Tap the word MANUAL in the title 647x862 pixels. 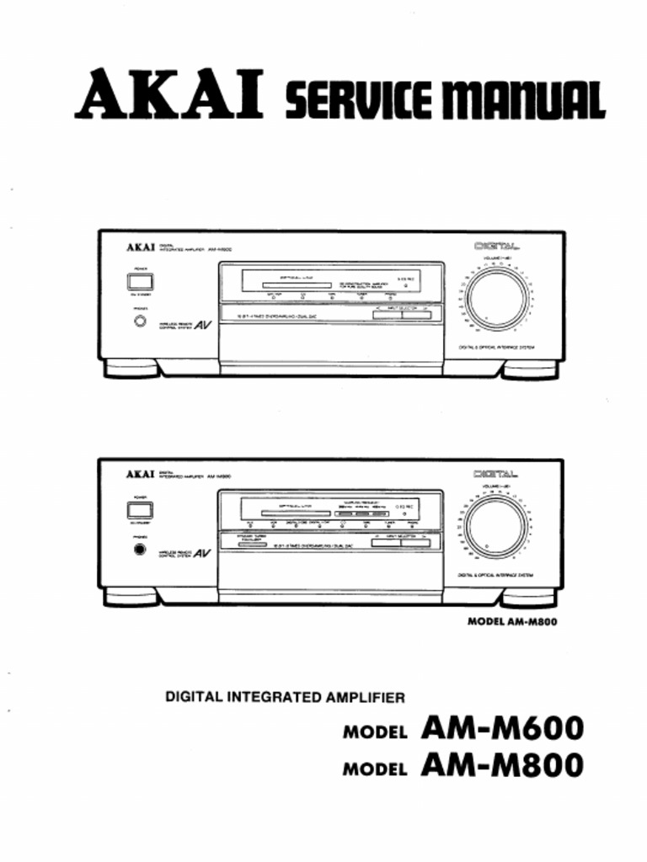pyautogui.click(x=519, y=99)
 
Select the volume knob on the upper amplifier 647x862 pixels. pyautogui.click(x=498, y=297)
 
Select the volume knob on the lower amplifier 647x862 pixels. pyautogui.click(x=497, y=527)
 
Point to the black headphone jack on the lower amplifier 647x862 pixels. pyautogui.click(x=138, y=551)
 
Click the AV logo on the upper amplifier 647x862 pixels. pyautogui.click(x=202, y=327)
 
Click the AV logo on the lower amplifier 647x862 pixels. pyautogui.click(x=202, y=555)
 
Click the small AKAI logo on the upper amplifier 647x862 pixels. pyautogui.click(x=141, y=247)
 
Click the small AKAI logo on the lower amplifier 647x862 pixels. pyautogui.click(x=141, y=475)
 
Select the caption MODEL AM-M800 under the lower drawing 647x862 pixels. pyautogui.click(x=512, y=623)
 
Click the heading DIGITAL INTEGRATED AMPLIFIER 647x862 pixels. pyautogui.click(x=285, y=697)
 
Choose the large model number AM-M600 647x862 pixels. pyautogui.click(x=501, y=728)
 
